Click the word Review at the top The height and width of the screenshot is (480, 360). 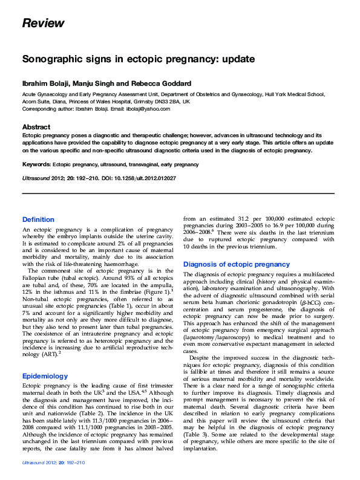pos(43,24)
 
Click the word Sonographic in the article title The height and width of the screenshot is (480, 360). pos(52,59)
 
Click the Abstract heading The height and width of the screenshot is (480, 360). pos(36,127)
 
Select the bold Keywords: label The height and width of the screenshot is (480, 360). pos(36,164)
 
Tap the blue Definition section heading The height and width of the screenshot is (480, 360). pos(38,219)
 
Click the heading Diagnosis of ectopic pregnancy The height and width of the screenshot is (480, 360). pos(237,264)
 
